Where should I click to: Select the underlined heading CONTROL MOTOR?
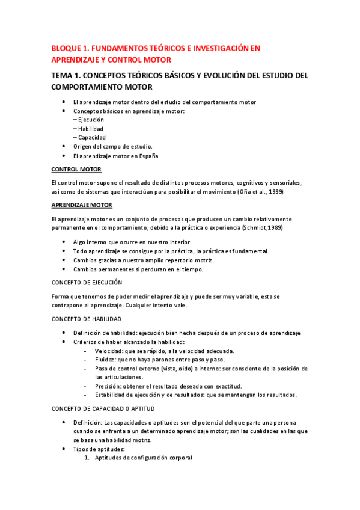click(76, 169)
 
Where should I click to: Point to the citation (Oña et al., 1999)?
click(260, 192)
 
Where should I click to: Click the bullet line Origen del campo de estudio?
click(112, 146)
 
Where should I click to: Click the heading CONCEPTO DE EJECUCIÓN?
click(87, 282)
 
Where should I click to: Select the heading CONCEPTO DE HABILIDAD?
click(86, 318)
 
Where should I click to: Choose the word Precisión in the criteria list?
click(109, 386)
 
